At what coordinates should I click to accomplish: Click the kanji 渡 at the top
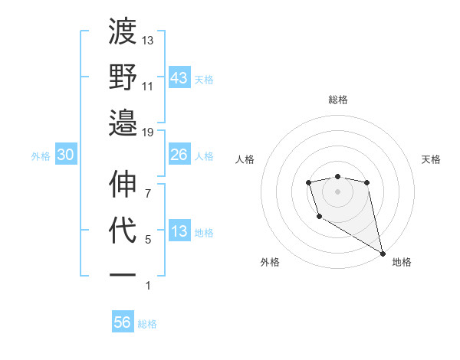[123, 32]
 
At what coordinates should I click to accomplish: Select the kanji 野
[123, 77]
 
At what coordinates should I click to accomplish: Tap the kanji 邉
[123, 123]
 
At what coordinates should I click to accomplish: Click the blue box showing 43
[179, 78]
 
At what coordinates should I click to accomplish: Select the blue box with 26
[179, 155]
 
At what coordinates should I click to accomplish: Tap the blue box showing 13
[179, 231]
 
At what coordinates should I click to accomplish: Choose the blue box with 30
[66, 155]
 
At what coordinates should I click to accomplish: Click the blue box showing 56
[123, 322]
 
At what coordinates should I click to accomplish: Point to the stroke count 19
[148, 132]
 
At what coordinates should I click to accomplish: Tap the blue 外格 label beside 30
[41, 155]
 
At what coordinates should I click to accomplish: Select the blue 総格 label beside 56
[147, 323]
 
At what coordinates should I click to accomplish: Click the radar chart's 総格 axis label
[337, 100]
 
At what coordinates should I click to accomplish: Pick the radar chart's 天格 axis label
[432, 159]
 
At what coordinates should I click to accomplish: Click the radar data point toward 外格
[318, 217]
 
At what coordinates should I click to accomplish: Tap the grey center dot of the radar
[337, 191]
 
